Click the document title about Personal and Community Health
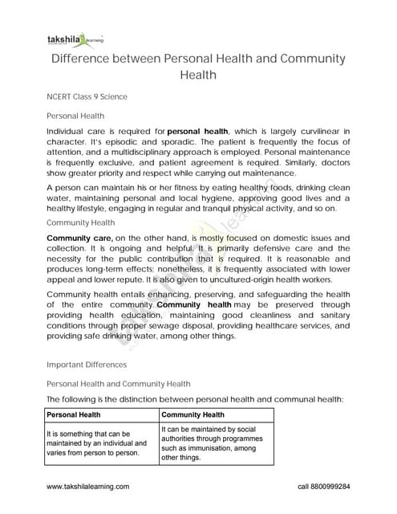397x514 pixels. [198, 67]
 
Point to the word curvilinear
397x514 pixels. [309, 130]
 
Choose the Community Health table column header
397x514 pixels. [195, 415]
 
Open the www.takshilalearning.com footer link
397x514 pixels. [89, 487]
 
